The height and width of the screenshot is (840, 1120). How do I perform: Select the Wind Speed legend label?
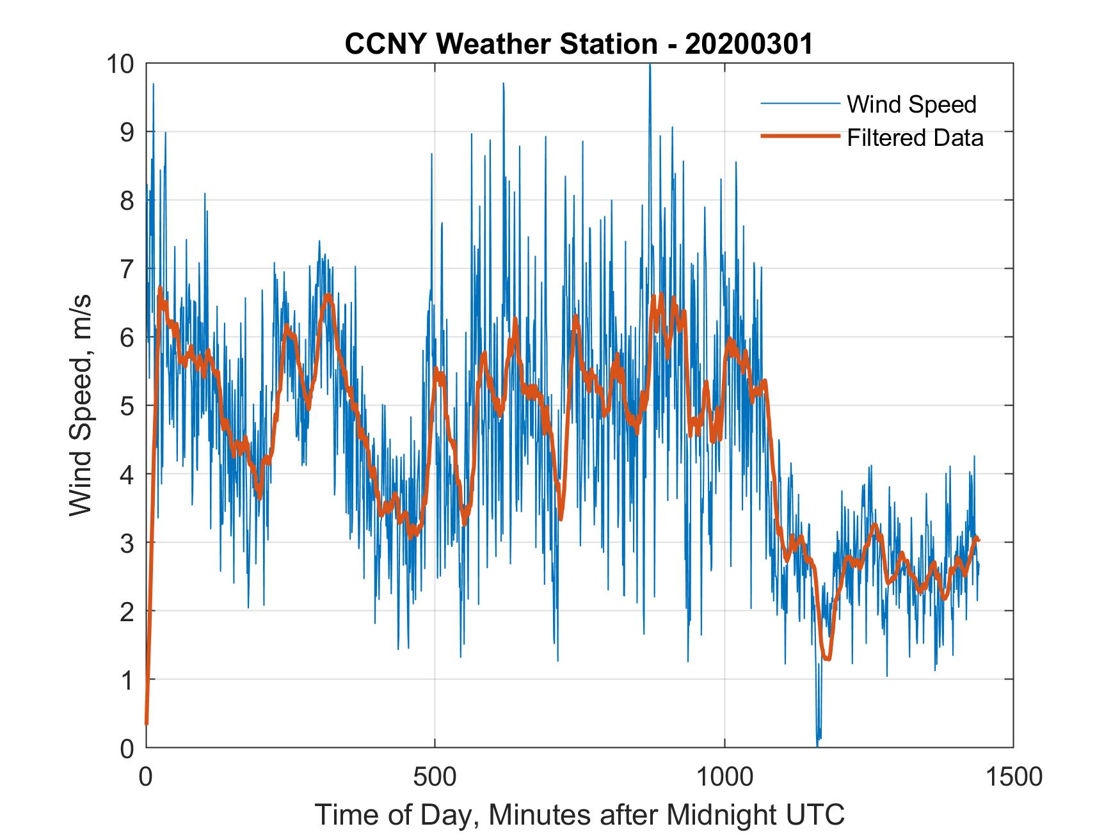coord(911,104)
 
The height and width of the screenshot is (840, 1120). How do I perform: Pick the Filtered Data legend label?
coord(915,138)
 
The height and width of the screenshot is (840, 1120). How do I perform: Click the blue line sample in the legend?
coord(799,104)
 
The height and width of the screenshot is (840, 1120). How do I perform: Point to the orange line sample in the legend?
coord(799,136)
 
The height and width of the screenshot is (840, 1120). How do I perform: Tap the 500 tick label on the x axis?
coord(435,777)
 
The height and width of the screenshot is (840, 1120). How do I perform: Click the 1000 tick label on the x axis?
coord(724,777)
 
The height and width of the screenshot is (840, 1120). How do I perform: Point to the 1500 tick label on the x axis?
coord(1013,777)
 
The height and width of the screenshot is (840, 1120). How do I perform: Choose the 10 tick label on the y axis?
coord(122,64)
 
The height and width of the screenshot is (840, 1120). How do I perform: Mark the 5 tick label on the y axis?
coord(128,406)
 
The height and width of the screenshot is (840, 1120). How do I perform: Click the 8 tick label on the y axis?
coord(128,201)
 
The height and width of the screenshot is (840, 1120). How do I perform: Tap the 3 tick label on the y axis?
coord(128,543)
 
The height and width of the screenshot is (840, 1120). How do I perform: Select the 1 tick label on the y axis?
coord(128,680)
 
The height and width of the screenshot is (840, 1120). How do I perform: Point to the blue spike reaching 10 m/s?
coord(650,67)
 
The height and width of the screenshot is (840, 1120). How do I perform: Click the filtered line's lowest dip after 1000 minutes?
coord(828,658)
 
